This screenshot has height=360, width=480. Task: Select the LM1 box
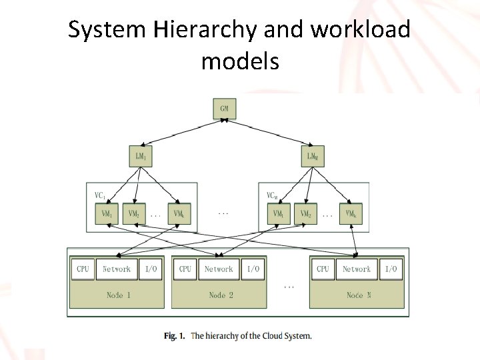pos(141,157)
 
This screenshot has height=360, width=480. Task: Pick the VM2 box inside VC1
pos(135,214)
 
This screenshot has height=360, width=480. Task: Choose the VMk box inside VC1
pos(179,214)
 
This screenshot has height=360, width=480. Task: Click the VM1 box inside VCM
pos(279,214)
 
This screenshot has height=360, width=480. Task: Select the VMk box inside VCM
pos(351,214)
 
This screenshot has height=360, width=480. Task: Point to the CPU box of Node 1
pos(83,269)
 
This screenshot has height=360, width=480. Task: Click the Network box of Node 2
pos(219,269)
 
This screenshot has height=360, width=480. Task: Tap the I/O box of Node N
pos(391,269)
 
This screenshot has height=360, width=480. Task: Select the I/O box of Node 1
pos(151,269)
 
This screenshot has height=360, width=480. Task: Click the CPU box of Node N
pos(323,269)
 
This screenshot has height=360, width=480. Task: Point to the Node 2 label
pos(221,295)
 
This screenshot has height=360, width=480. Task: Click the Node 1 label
pos(119,295)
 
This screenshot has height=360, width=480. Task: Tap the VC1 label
pos(100,195)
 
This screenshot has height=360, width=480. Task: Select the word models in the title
pos(240,61)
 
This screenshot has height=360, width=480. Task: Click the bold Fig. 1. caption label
pos(175,336)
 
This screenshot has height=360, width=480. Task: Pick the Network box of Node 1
pos(117,269)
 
